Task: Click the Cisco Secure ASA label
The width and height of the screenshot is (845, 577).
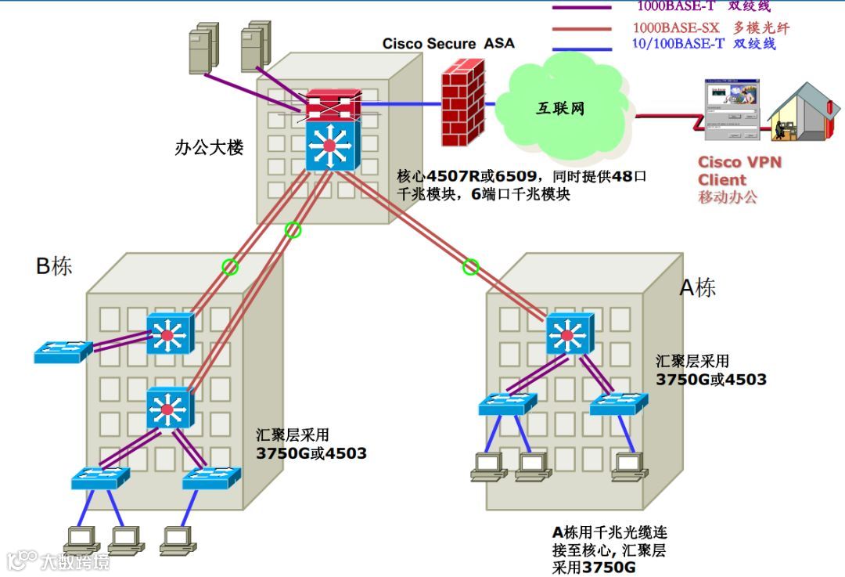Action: click(448, 44)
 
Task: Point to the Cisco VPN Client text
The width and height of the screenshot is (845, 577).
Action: click(739, 171)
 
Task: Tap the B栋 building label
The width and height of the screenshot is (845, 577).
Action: click(54, 266)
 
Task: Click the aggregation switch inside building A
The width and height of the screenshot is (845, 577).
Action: click(571, 334)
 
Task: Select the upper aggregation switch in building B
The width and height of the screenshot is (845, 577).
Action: click(167, 334)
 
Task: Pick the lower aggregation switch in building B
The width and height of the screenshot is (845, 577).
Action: click(167, 408)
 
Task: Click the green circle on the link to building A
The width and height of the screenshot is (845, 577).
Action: click(470, 267)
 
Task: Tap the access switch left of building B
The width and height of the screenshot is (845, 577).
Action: click(63, 352)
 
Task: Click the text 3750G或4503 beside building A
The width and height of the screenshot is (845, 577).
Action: click(710, 380)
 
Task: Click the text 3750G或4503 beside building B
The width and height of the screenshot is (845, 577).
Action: click(311, 453)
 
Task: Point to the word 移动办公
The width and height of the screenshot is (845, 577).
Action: click(728, 197)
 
